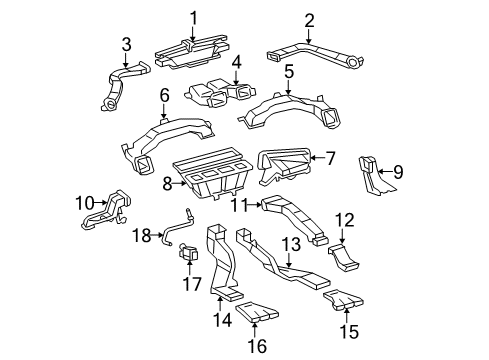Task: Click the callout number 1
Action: point(194,17)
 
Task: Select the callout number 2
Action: point(309,20)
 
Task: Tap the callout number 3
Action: point(126,43)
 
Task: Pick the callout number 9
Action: point(398,172)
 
